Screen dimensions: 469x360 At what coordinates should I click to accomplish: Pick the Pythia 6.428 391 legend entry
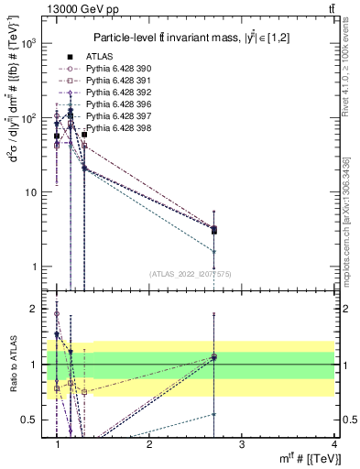coord(115,81)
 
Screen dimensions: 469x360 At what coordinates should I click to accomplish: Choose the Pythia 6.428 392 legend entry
coord(115,93)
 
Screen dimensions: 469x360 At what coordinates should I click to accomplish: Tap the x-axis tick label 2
coord(149,444)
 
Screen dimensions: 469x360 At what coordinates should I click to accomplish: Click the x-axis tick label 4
coord(333,444)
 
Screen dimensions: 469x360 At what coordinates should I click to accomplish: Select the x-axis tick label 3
coord(241,444)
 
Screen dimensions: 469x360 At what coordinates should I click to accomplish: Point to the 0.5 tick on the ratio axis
coord(33,420)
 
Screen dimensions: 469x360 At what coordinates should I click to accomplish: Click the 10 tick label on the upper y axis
coord(32,192)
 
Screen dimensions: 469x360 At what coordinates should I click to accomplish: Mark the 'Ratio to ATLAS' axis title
coord(12,365)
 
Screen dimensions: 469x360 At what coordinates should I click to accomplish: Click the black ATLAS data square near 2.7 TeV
coord(213,230)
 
